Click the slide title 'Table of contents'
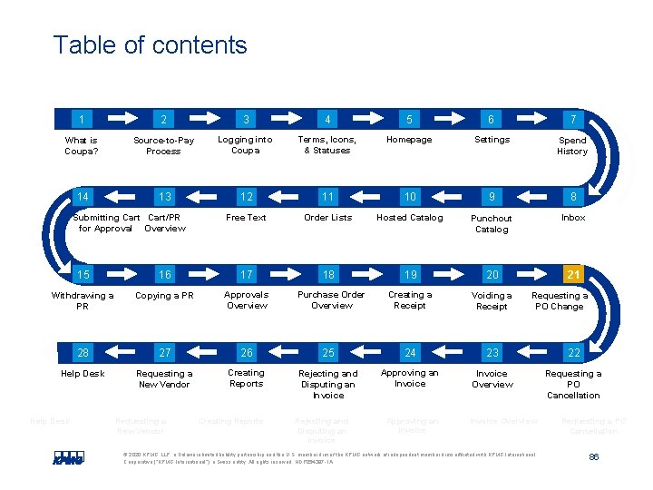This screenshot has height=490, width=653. click(x=150, y=44)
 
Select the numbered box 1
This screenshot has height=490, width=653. click(x=83, y=119)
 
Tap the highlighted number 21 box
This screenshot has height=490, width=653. click(x=573, y=274)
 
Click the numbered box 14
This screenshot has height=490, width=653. click(x=83, y=197)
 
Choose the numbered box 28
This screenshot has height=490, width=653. click(x=83, y=352)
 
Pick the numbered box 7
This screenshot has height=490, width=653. click(x=573, y=119)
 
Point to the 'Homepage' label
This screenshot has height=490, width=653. click(x=409, y=140)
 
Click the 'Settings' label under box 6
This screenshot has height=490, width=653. click(x=492, y=140)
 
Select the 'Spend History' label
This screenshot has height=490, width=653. click(x=572, y=146)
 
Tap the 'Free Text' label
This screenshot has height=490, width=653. click(x=246, y=218)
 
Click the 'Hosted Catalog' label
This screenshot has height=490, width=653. click(x=409, y=218)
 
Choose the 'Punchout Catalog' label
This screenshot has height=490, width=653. click(x=492, y=224)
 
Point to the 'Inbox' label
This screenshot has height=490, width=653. click(x=573, y=218)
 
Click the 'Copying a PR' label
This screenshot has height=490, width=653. click(x=164, y=296)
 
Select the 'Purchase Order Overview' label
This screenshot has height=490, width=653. click(x=331, y=300)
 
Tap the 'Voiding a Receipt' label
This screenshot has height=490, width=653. click(x=492, y=301)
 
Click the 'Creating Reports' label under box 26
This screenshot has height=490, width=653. click(x=246, y=378)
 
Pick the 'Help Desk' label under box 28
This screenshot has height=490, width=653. click(x=83, y=374)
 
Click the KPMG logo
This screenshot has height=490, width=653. click(x=69, y=458)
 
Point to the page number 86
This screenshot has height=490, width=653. click(x=594, y=456)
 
